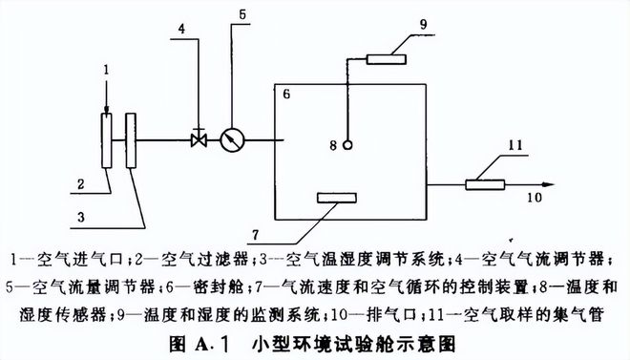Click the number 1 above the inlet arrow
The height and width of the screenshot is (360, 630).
point(108,69)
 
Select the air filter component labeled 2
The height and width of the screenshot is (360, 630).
point(107,141)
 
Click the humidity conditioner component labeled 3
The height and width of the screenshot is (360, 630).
point(129,141)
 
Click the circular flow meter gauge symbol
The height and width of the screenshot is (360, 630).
point(230,140)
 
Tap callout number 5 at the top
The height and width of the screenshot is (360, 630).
point(242,14)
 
